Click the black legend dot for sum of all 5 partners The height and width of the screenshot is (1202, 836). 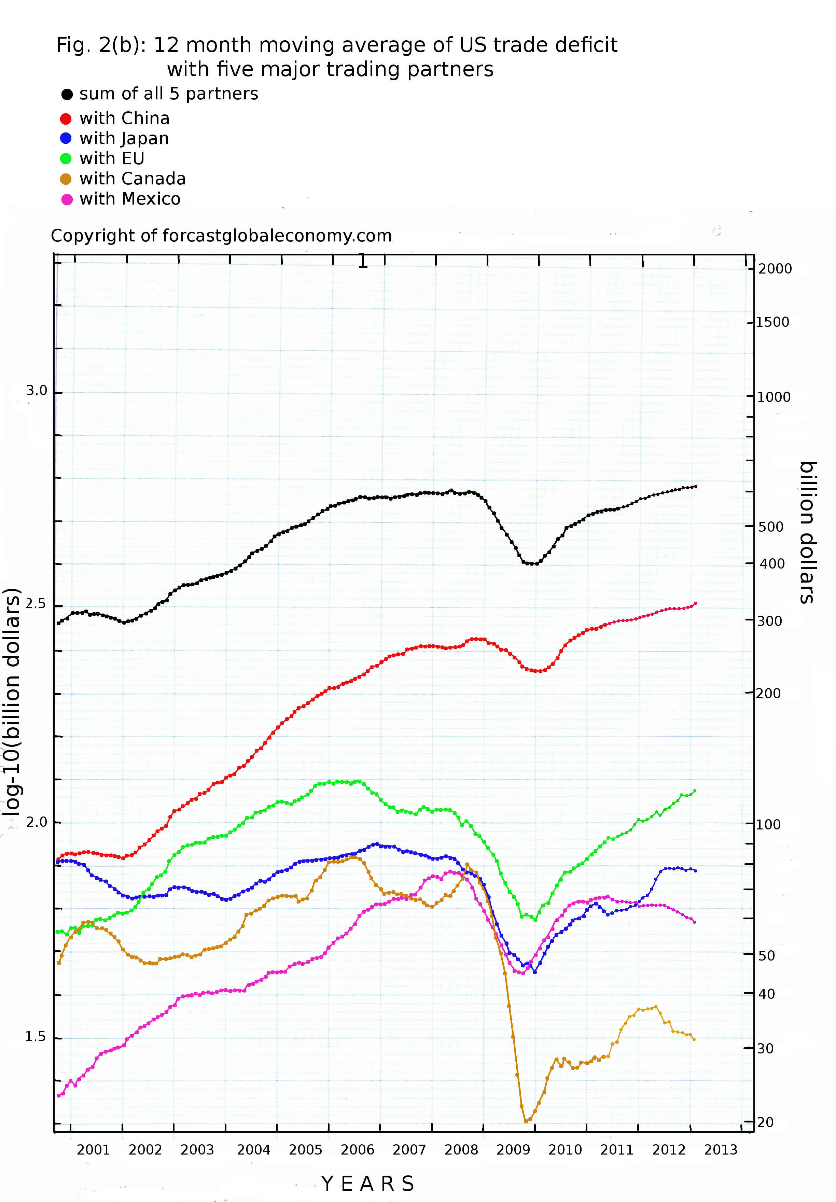(x=67, y=94)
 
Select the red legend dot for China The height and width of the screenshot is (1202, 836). (x=66, y=119)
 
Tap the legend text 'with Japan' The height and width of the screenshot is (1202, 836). (x=124, y=139)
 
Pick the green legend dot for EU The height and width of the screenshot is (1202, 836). (x=66, y=159)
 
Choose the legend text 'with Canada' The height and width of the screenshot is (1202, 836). (x=133, y=179)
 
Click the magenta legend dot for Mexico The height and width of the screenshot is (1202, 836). (x=67, y=199)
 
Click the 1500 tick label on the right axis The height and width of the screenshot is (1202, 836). (x=772, y=322)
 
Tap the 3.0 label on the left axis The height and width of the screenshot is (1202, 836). (x=36, y=391)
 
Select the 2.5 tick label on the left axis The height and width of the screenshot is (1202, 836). (x=36, y=604)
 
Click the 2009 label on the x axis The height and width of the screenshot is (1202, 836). (x=513, y=1150)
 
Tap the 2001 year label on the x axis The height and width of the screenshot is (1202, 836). (x=93, y=1150)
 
